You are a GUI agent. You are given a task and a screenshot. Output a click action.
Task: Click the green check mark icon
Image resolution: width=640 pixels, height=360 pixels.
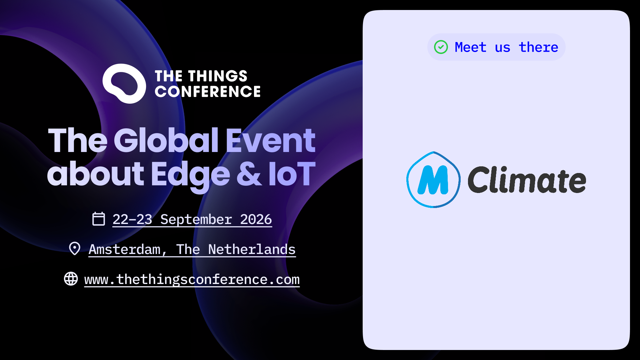[441, 47]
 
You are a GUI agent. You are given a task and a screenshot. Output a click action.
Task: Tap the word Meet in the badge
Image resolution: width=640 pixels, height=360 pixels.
[470, 47]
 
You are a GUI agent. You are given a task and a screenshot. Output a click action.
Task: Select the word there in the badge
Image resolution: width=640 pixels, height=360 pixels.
[538, 47]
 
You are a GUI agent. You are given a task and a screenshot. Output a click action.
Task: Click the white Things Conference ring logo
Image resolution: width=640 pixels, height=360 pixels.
[124, 84]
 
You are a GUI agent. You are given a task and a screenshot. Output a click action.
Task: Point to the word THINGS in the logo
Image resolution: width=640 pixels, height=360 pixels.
[218, 76]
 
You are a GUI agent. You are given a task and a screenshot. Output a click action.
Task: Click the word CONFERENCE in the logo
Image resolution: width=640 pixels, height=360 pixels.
[208, 92]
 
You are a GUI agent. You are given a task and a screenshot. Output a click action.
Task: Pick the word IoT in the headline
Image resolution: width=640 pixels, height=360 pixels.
[292, 174]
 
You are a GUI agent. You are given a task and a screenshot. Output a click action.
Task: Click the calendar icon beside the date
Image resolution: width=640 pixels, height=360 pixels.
[99, 219]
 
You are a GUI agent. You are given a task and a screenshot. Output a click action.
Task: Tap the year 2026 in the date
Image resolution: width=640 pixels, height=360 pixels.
[256, 219]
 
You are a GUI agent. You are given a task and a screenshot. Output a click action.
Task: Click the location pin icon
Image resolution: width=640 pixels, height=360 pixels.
[75, 248]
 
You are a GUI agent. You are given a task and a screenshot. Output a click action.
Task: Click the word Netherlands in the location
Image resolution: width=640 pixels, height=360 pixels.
[252, 249]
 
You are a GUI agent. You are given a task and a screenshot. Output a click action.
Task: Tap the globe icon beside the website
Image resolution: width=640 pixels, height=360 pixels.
[71, 279]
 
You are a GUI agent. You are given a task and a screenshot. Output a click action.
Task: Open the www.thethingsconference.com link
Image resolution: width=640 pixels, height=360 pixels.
[192, 280]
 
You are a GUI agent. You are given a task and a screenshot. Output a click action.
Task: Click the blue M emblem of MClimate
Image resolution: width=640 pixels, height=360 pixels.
[433, 180]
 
